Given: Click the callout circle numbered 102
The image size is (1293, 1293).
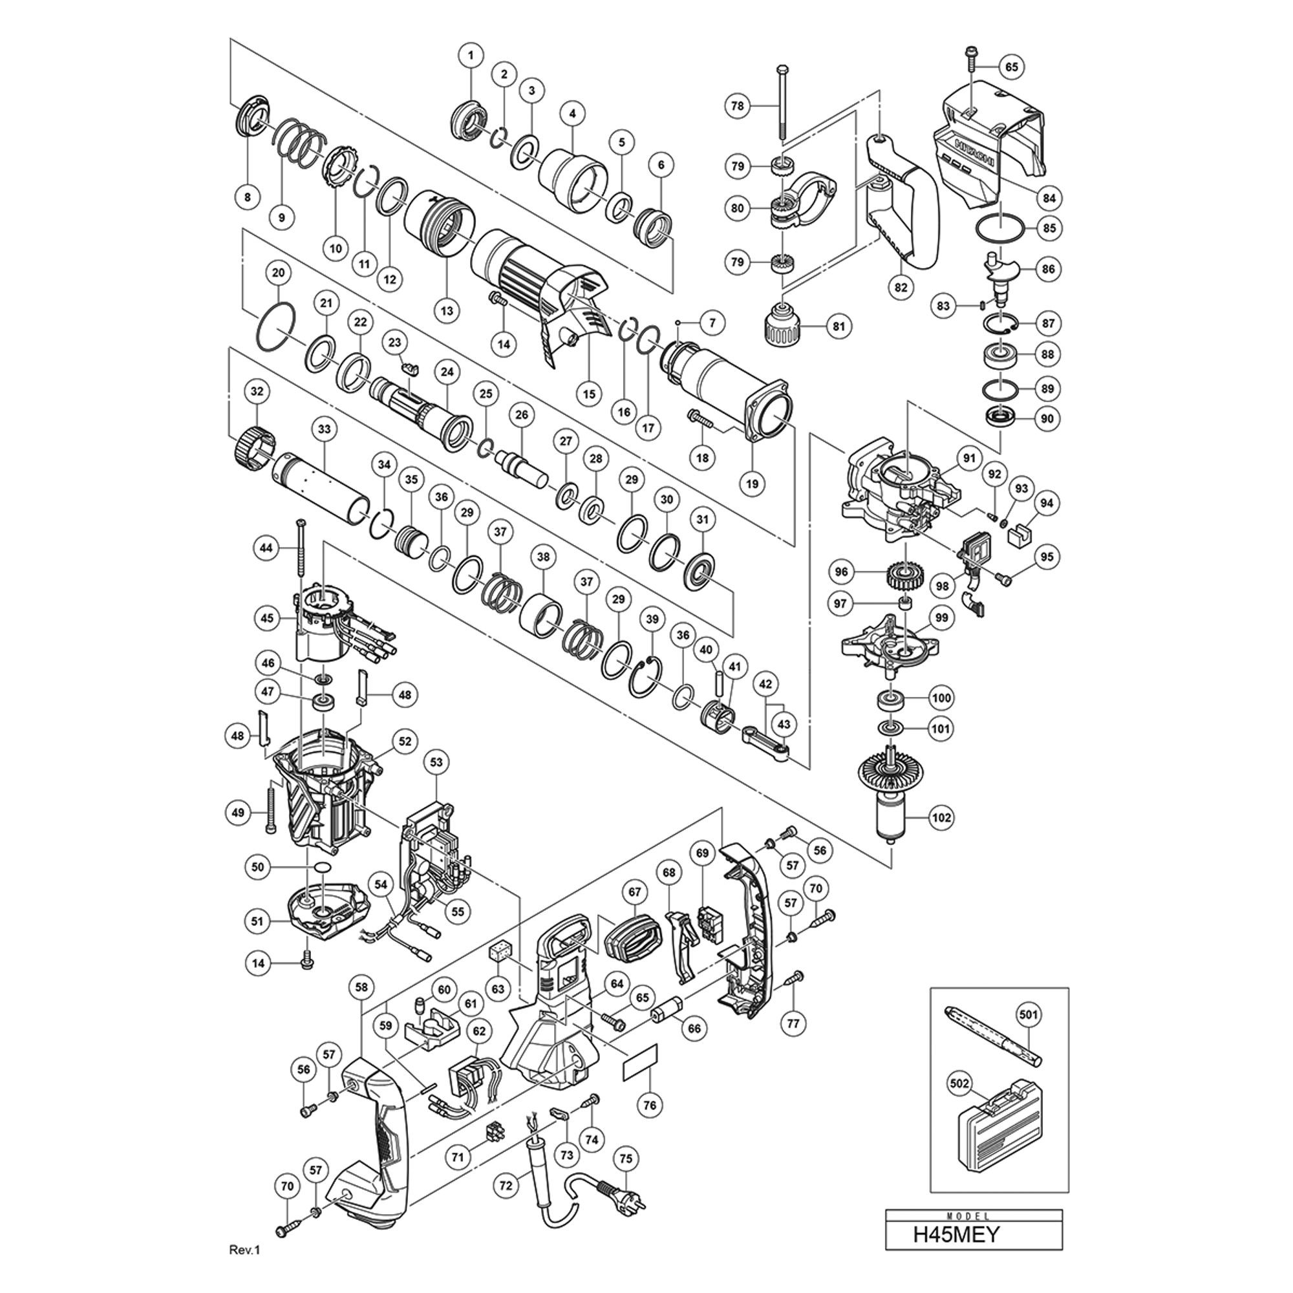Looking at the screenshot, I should coord(942,817).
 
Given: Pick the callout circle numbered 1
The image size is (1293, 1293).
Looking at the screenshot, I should coord(471,56).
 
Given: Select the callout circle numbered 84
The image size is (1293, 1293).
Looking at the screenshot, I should coord(1048,198).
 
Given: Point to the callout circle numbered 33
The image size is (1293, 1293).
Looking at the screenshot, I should coord(325,429).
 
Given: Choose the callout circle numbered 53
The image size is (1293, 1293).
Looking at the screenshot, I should coord(436,762).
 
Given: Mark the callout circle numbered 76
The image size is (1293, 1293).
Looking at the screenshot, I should coord(650,1105).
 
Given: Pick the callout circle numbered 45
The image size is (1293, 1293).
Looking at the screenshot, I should coord(268,617).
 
